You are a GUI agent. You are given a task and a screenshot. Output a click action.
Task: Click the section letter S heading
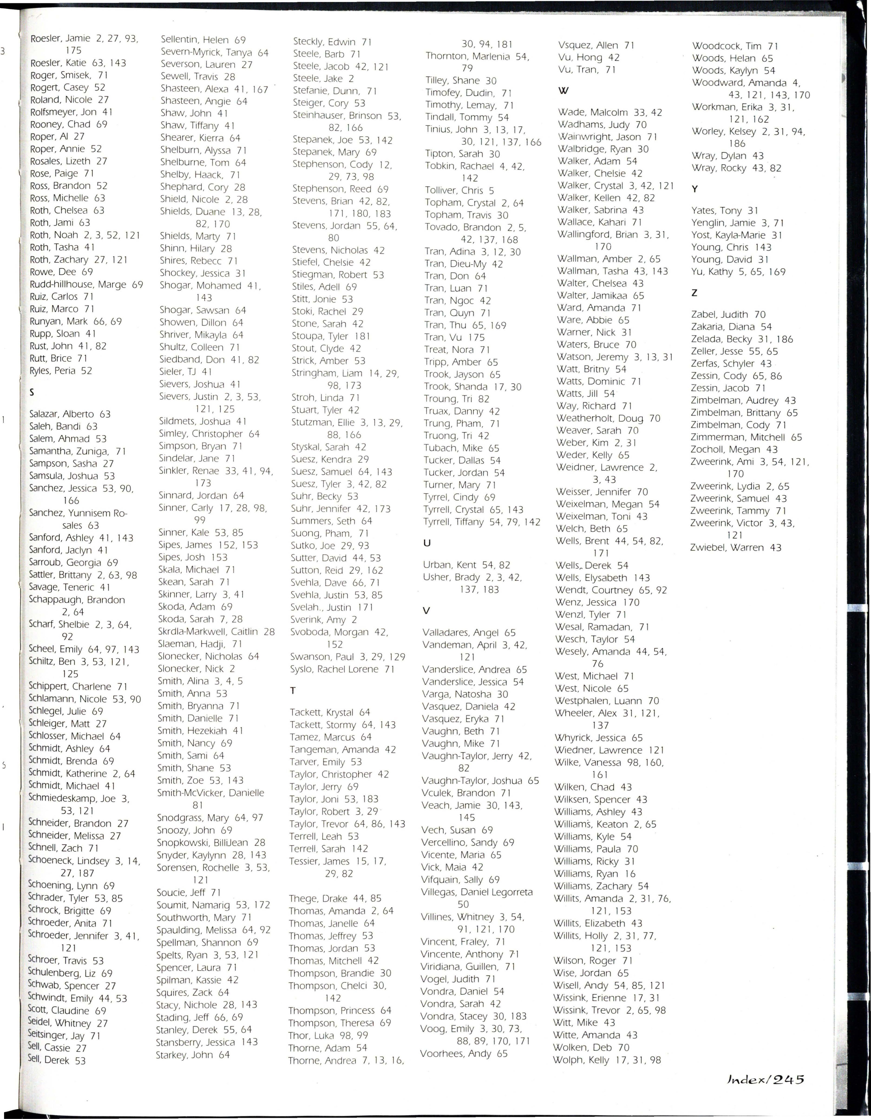[x=32, y=392]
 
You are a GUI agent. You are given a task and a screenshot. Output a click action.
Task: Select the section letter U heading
[x=427, y=543]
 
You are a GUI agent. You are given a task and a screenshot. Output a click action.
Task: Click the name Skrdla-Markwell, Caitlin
[x=216, y=632]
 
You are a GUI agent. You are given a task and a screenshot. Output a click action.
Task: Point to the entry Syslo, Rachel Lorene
[x=342, y=669]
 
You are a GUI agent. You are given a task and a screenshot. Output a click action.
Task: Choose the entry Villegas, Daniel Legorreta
[x=476, y=892]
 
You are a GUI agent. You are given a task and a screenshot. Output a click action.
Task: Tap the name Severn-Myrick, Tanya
[x=214, y=52]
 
